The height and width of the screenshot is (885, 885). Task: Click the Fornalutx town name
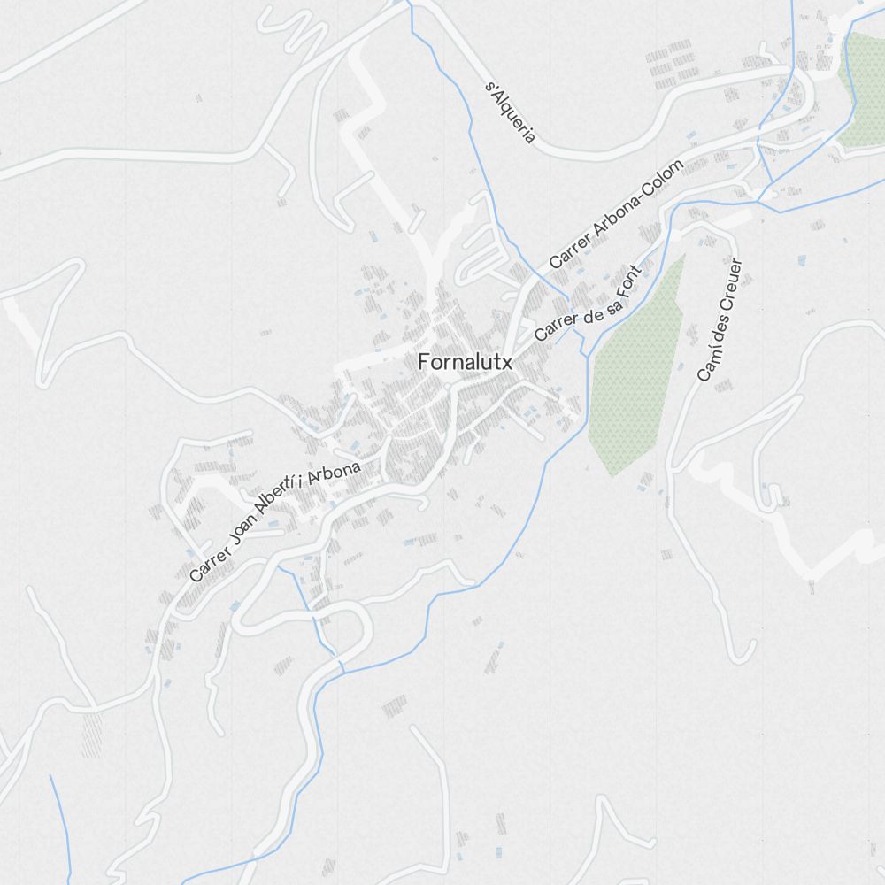click(465, 362)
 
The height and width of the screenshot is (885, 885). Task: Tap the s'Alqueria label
click(512, 112)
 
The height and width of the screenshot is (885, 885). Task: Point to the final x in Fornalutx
click(507, 362)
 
